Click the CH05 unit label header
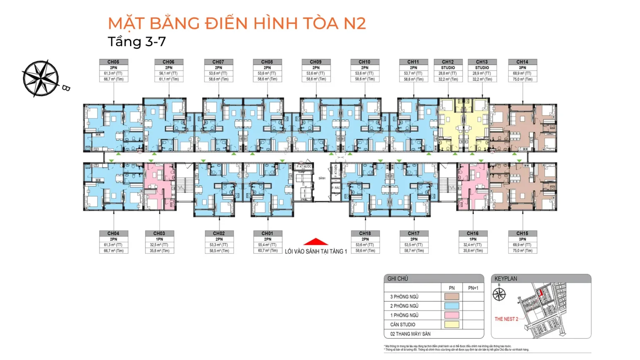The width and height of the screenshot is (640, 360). click(113, 62)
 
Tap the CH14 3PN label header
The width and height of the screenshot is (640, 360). click(522, 62)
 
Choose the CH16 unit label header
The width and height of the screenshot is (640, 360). click(472, 233)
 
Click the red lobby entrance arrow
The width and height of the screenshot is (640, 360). click(315, 242)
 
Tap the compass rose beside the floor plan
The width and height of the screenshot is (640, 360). click(41, 78)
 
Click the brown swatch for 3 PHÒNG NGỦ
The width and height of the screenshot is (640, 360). click(452, 297)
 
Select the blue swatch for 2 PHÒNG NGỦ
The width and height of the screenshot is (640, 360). click(452, 306)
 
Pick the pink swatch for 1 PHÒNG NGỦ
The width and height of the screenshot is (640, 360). click(452, 315)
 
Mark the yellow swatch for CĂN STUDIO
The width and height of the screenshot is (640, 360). click(452, 325)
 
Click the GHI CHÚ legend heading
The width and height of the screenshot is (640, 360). click(397, 279)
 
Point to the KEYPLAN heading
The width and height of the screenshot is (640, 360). click(505, 279)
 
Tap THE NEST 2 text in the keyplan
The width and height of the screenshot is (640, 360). click(506, 319)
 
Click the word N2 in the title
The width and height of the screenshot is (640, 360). click(355, 23)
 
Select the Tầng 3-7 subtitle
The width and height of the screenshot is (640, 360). click(137, 42)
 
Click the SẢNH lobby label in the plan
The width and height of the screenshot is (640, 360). click(322, 178)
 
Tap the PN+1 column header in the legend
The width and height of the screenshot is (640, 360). click(473, 288)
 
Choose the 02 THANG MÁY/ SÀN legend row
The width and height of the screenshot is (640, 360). click(410, 334)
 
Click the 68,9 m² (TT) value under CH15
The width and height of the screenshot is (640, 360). click(522, 245)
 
